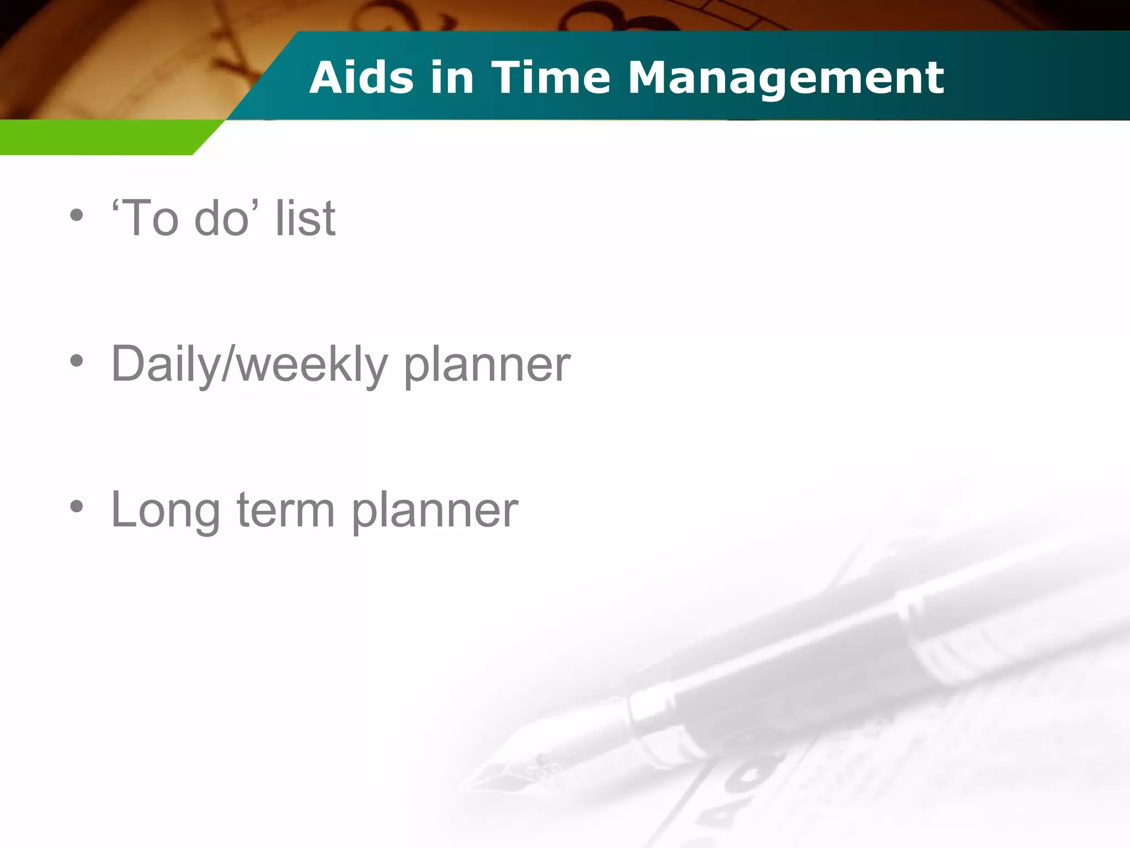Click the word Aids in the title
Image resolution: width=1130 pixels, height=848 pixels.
pos(361,77)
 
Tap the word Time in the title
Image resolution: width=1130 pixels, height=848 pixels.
pos(550,77)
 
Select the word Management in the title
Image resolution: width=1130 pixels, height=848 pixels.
pos(786,77)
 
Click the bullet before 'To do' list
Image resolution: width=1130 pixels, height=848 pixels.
pos(77,216)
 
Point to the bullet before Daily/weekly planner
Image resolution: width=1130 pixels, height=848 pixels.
pos(77,362)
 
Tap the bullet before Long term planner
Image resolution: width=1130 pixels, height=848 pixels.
pos(77,507)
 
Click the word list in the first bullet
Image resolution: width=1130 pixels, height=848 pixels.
pos(305,218)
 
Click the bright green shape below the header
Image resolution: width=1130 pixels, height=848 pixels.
pos(99,137)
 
